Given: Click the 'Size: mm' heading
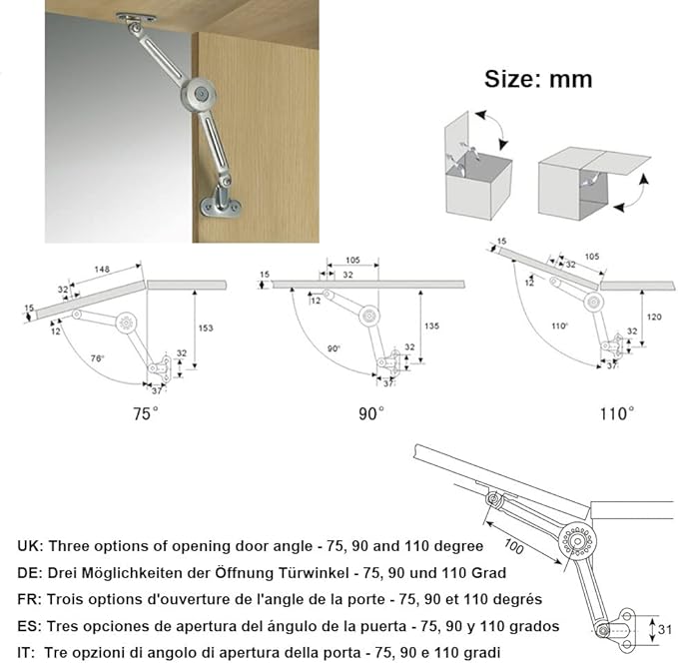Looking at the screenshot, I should pos(538,79).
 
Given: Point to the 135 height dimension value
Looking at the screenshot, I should pos(430,325).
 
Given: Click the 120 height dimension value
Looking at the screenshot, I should pos(653,316).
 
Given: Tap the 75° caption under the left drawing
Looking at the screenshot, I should pos(146,413).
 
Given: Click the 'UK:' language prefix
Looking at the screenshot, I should pos(30,547).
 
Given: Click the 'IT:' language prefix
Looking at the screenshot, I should pos(28,651).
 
